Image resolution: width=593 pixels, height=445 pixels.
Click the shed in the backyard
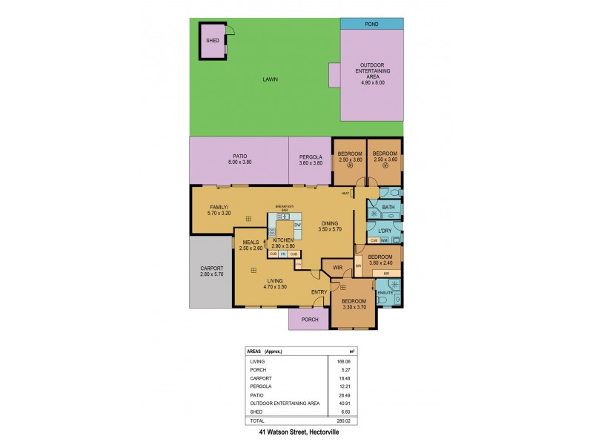click(212, 41)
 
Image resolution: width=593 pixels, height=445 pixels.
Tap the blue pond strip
click(372, 24)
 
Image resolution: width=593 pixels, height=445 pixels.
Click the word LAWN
click(270, 79)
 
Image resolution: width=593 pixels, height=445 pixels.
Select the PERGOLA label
click(310, 156)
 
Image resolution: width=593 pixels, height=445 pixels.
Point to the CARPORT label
click(211, 268)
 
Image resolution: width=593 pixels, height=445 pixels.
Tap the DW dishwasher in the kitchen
click(296, 225)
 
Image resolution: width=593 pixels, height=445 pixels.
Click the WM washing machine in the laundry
click(384, 240)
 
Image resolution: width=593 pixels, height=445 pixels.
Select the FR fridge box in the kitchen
click(283, 254)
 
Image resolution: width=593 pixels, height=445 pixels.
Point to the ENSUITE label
click(384, 292)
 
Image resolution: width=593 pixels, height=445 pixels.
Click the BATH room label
click(388, 208)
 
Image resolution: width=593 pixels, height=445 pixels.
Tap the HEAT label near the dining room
click(345, 194)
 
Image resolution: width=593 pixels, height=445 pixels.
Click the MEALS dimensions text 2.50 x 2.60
click(250, 248)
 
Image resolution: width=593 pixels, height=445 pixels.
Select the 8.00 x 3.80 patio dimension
click(239, 162)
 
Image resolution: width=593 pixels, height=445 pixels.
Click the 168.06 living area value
click(345, 362)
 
